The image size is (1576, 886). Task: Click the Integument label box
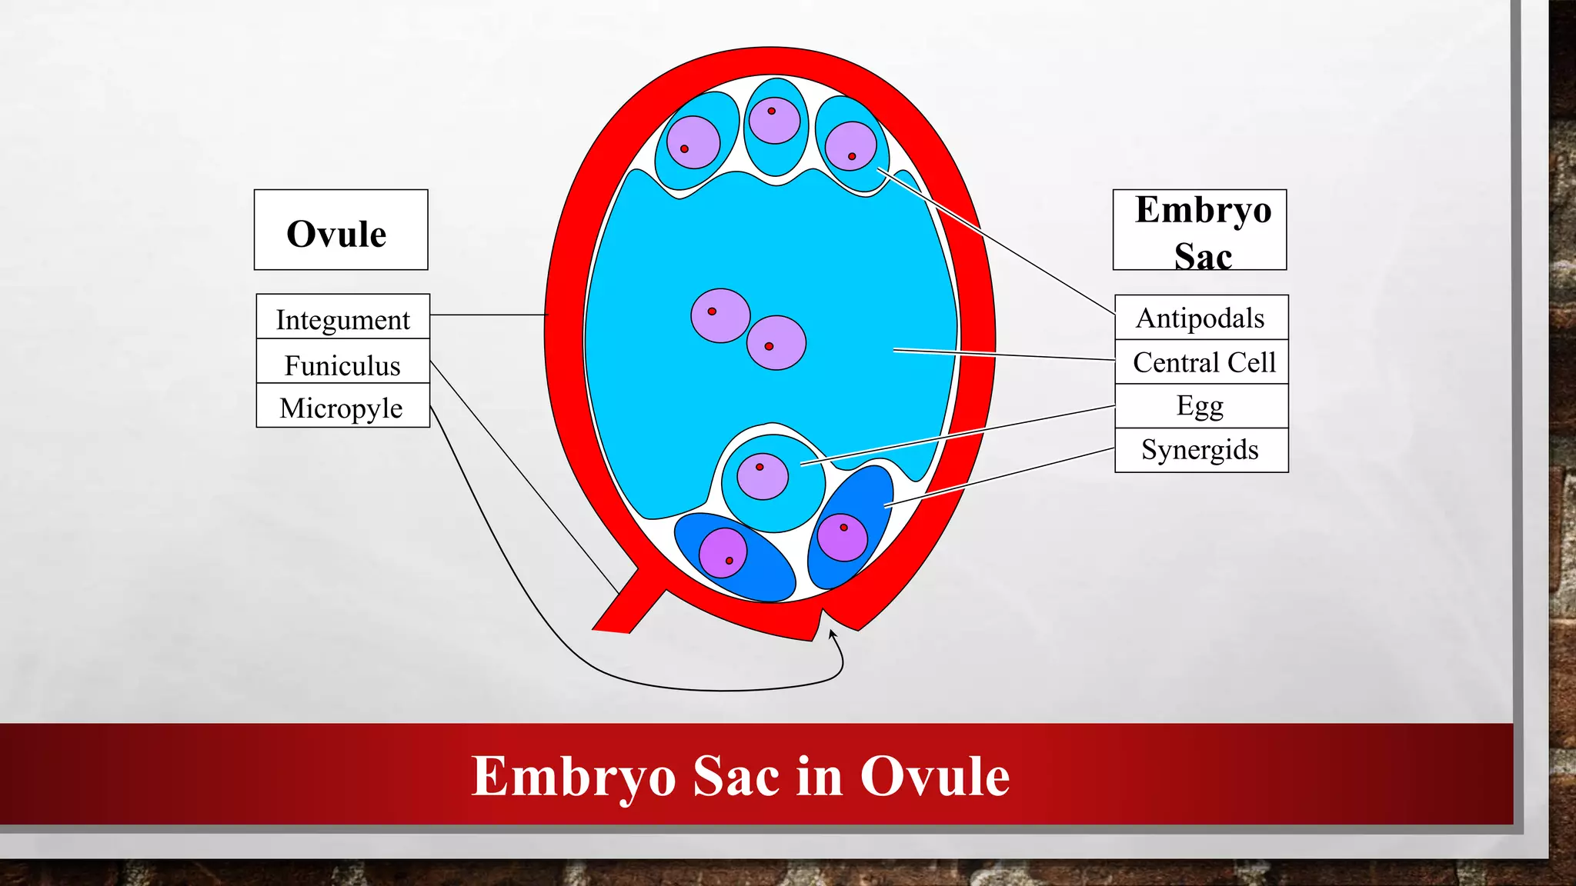[x=342, y=317]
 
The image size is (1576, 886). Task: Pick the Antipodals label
[x=1200, y=318]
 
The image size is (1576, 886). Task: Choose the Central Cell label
[x=1203, y=361]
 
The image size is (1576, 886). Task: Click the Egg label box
[x=1200, y=405]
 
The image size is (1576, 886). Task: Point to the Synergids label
[x=1200, y=450]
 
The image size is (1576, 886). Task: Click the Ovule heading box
[x=341, y=230]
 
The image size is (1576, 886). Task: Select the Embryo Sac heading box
[x=1200, y=230]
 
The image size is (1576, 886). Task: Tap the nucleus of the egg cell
[x=763, y=476]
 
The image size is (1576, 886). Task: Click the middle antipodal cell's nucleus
[x=774, y=120]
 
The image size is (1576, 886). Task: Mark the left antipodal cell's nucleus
[x=693, y=142]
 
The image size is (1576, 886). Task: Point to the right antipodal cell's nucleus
[x=850, y=146]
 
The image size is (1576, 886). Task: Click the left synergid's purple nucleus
[x=723, y=552]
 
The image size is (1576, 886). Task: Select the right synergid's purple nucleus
[x=842, y=537]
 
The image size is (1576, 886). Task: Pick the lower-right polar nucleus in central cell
[x=776, y=343]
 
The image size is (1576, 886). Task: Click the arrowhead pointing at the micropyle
[x=832, y=634]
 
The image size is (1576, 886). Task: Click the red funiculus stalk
[x=628, y=603]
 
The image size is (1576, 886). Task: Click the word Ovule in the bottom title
[x=934, y=776]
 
